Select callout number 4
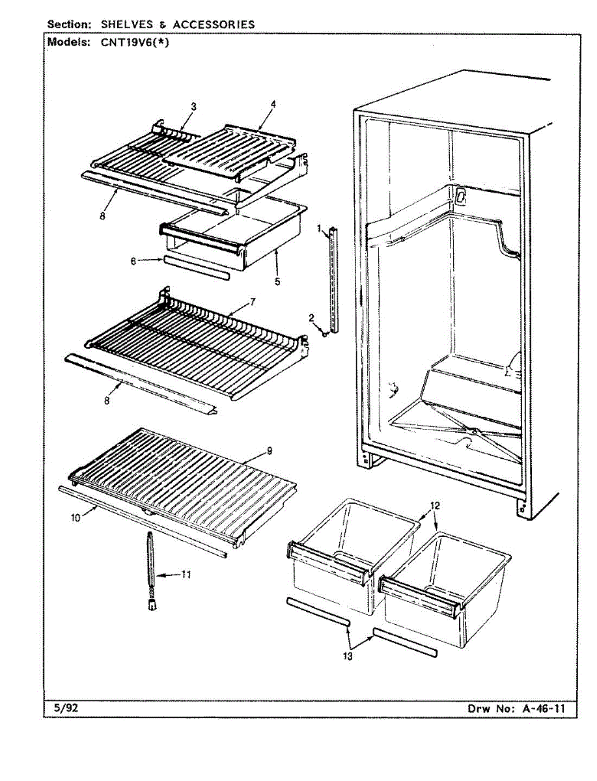coord(273,103)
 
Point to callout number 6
coord(133,261)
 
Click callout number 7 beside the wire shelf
coord(251,301)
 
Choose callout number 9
coord(270,450)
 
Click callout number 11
coord(187,574)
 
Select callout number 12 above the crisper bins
coord(436,505)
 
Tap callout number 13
coord(348,657)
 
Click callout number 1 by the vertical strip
coord(320,228)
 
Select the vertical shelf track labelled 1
coord(335,280)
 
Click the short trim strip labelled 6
coord(197,267)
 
